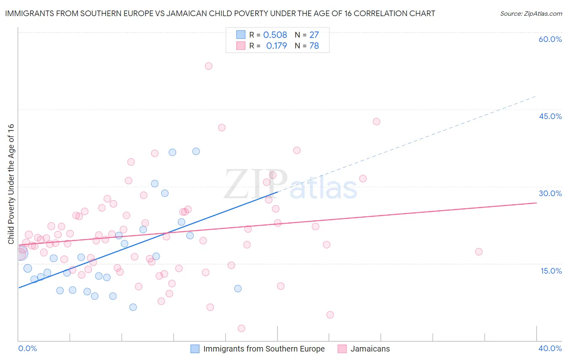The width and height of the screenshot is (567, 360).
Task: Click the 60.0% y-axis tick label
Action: coord(550,39)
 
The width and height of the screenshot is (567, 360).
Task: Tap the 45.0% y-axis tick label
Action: coord(550,116)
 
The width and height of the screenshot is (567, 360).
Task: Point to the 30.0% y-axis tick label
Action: coord(550,193)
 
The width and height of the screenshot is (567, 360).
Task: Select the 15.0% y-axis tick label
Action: coord(551,271)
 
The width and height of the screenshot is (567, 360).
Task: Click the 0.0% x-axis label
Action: coord(28,348)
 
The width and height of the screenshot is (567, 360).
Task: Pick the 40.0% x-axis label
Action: coord(550,348)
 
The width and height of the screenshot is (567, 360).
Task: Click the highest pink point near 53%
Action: coord(208,66)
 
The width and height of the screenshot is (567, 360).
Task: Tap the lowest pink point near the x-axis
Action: coord(242,329)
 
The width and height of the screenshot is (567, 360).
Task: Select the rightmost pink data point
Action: coord(479,252)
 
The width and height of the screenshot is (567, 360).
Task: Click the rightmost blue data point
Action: coord(238,289)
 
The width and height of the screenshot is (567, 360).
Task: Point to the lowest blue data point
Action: coord(133,307)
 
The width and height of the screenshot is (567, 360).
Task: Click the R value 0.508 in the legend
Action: coord(275,35)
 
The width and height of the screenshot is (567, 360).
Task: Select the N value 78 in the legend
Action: coord(314,46)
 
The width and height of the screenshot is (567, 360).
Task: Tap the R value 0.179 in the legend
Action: coord(277,46)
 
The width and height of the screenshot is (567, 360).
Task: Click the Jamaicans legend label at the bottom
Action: coord(370,349)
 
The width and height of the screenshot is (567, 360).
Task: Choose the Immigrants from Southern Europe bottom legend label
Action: coord(264,349)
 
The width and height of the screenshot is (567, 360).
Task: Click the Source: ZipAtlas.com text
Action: coord(531,13)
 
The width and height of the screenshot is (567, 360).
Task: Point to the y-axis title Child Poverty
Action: coord(11,184)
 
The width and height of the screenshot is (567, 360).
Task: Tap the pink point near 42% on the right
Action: coord(376,121)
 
